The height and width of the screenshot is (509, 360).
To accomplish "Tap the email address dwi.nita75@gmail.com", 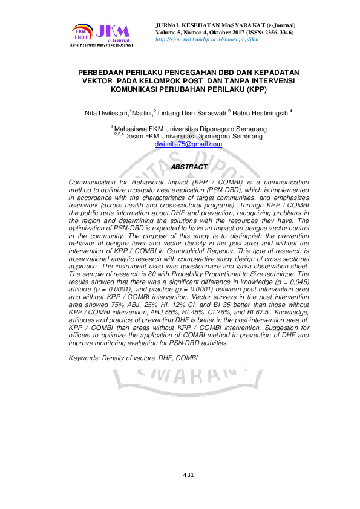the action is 188,144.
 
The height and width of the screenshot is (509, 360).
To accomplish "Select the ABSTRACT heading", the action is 189,167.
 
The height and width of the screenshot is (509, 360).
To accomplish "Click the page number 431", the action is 188,475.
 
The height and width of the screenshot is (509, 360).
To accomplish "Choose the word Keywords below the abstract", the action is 87,358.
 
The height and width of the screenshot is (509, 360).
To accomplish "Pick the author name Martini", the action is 142,112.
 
